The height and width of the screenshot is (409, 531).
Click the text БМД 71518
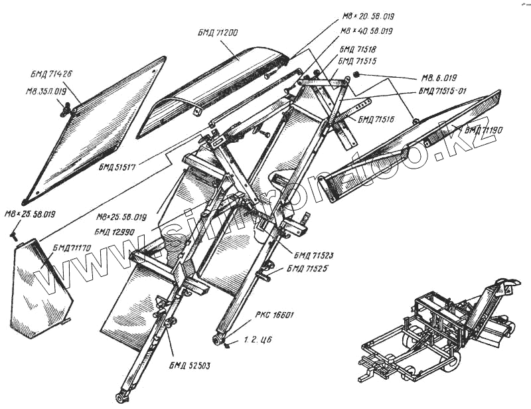point(358,49)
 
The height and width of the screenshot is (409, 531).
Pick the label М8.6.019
point(439,77)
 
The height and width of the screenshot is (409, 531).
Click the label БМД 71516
point(376,120)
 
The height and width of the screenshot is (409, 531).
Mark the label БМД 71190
point(485,130)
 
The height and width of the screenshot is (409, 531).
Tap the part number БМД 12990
point(115,232)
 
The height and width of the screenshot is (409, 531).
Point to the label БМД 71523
point(315,255)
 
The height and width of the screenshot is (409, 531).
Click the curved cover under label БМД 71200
point(212,86)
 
